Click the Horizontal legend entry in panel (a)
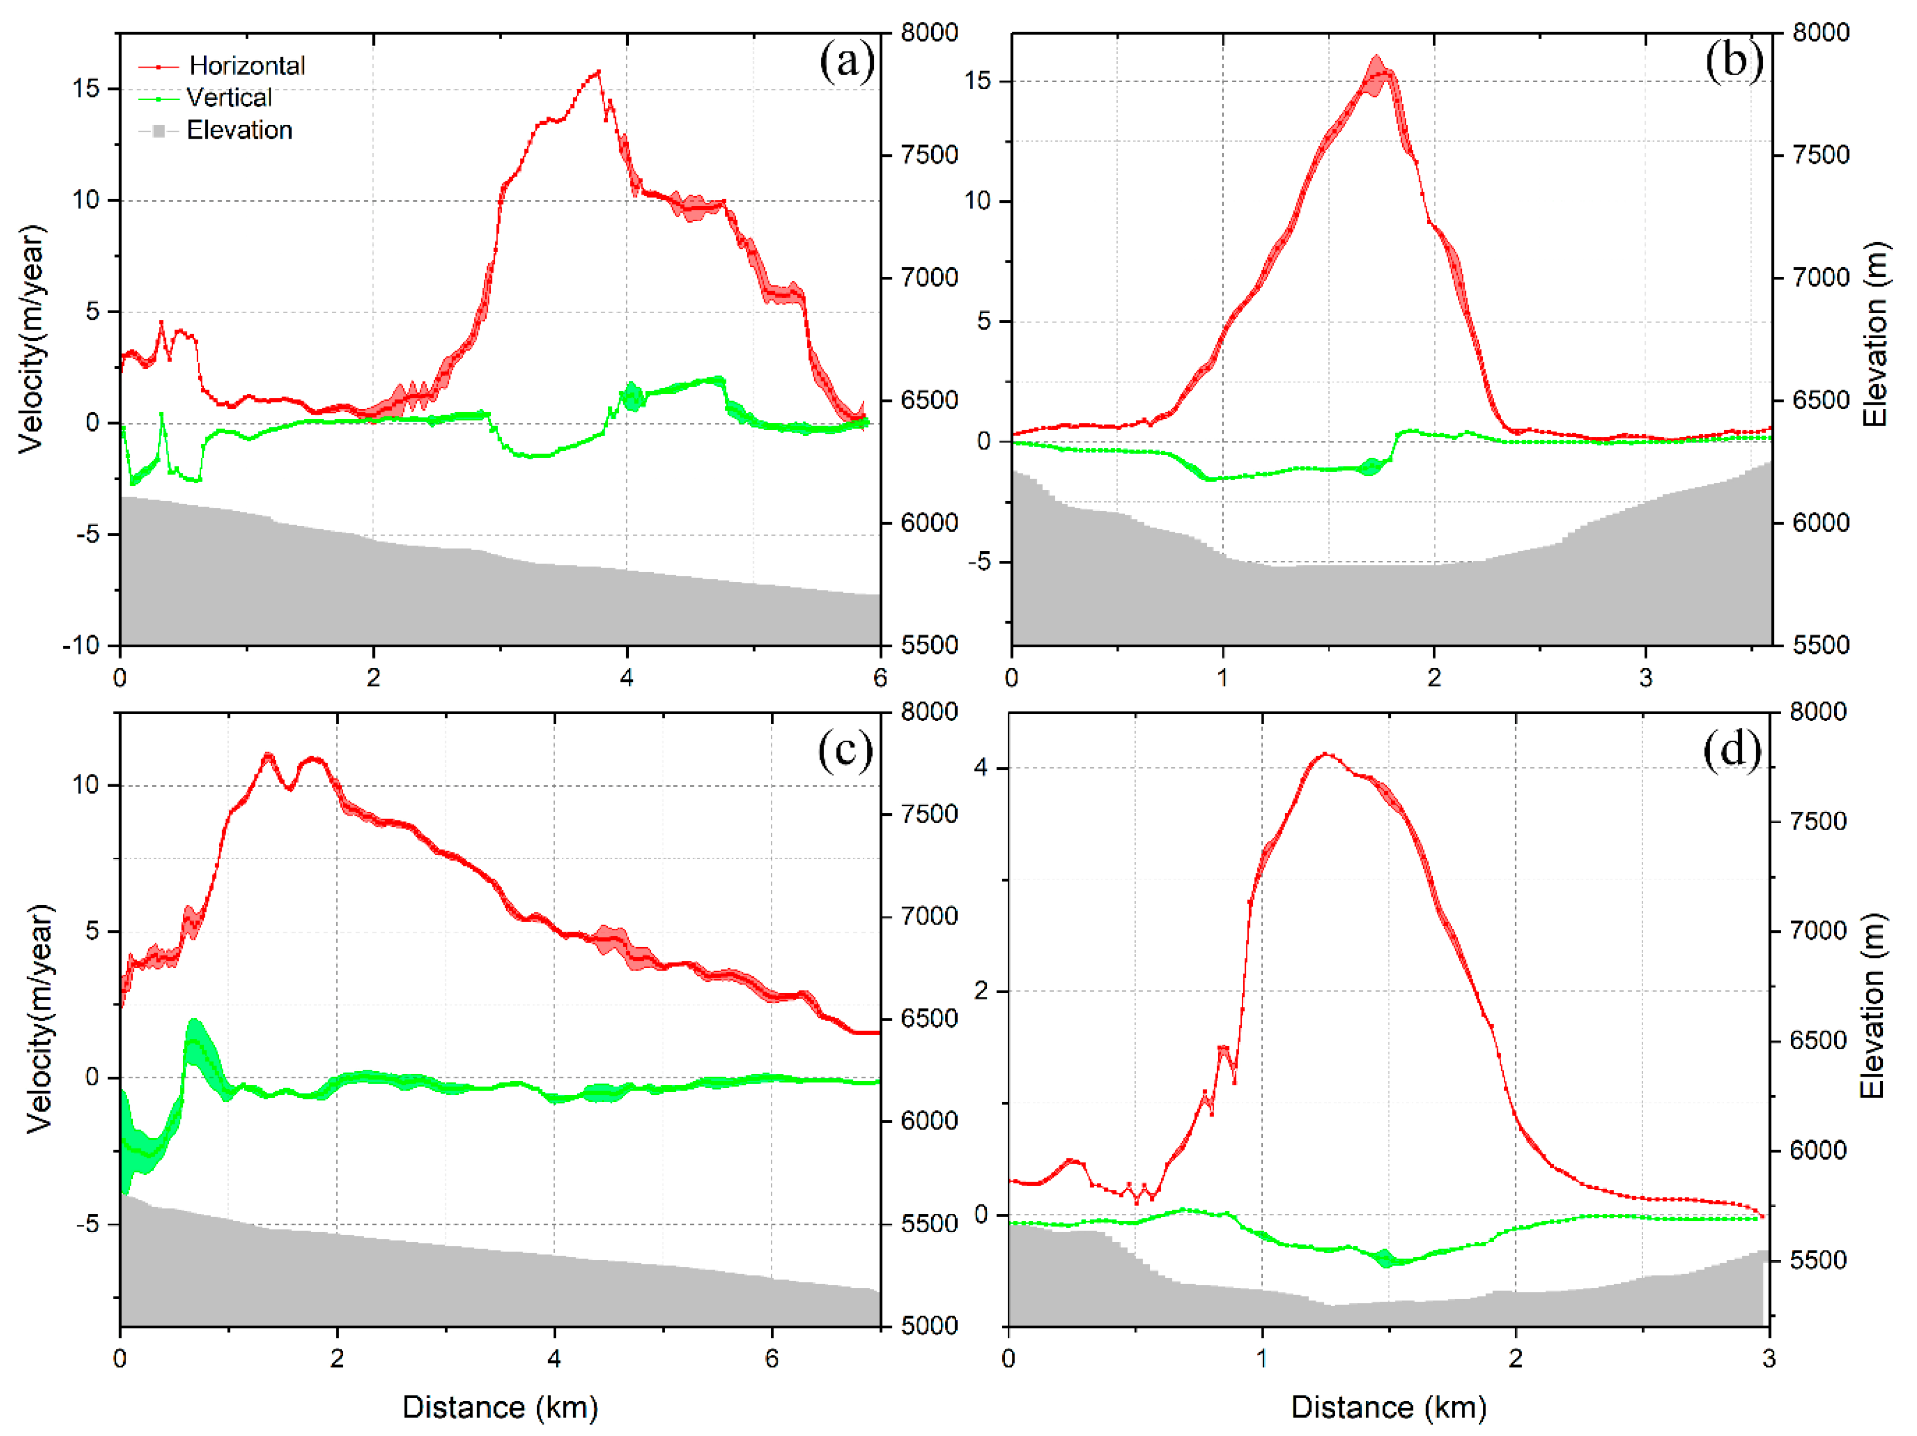(x=246, y=66)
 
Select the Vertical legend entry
(x=228, y=98)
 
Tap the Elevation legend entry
(x=239, y=130)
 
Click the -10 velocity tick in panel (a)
(x=81, y=646)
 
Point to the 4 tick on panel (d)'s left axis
(x=980, y=768)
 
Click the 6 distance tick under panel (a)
(x=880, y=678)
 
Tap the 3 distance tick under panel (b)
(x=1645, y=678)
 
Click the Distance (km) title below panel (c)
(x=500, y=1407)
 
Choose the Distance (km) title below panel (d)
(x=1388, y=1407)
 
